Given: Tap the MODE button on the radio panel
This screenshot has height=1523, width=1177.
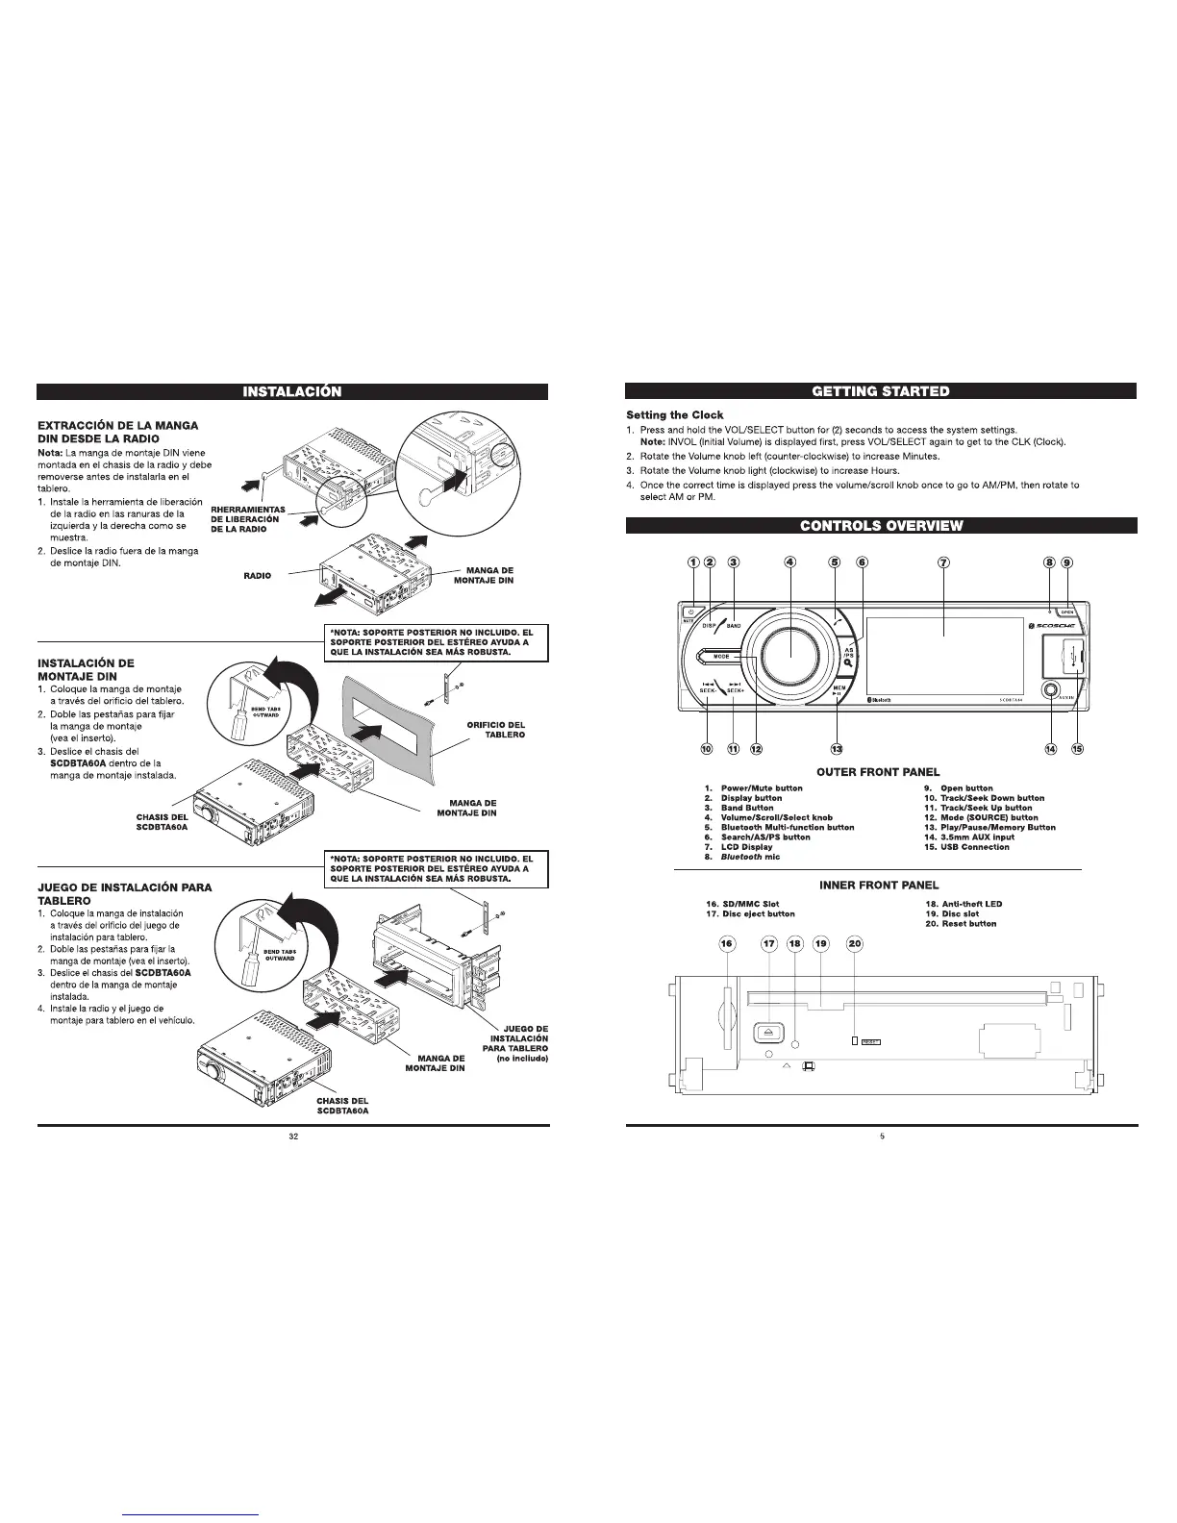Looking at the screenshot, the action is click(723, 657).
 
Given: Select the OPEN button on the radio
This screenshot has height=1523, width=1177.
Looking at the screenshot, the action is click(1066, 612).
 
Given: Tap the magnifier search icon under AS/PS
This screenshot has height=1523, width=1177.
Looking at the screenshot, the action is click(849, 672).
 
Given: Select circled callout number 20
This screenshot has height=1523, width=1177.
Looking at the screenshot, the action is click(855, 970).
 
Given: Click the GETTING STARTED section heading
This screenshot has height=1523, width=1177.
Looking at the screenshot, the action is click(880, 391).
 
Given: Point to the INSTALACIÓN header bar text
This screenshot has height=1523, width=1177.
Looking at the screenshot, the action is click(292, 391).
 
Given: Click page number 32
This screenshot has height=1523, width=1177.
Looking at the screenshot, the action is click(292, 1137).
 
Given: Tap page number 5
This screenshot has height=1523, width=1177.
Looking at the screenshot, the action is click(881, 1137).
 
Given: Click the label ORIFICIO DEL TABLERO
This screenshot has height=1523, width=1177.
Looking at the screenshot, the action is click(495, 729).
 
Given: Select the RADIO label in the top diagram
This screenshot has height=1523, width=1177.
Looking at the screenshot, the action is click(257, 576).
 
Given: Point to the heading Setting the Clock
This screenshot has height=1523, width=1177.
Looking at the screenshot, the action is click(675, 415).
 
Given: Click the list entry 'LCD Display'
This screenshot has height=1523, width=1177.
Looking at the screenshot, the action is click(746, 847).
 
